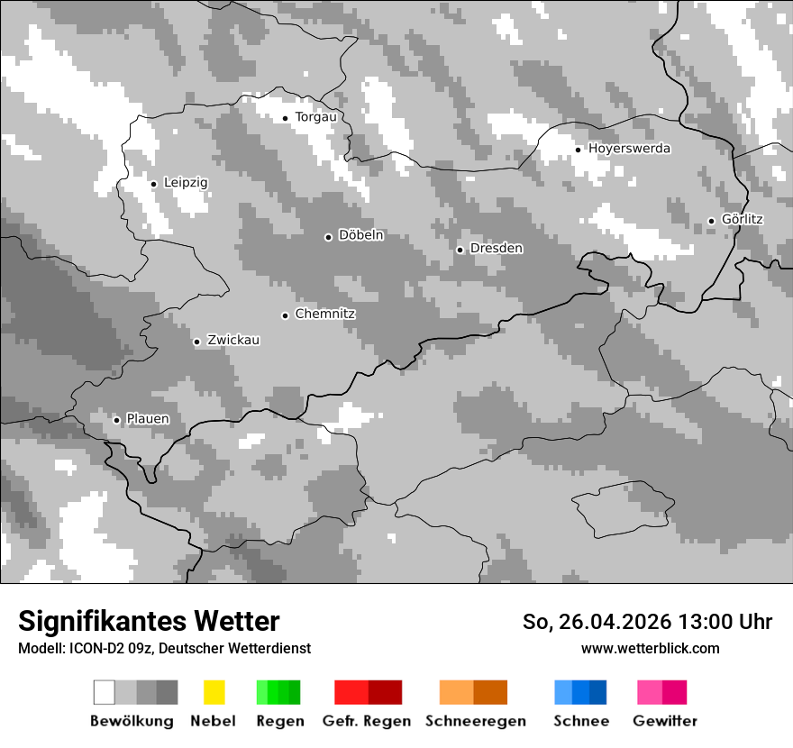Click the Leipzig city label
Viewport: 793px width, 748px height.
pos(186,183)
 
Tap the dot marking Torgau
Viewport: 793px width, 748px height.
pos(286,118)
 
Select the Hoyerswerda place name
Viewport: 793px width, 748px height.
pos(629,149)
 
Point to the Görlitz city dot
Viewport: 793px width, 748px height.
pos(711,221)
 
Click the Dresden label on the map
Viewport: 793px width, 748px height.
pos(496,249)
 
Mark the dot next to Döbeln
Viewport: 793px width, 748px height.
pos(328,237)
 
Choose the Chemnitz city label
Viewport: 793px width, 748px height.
pos(324,315)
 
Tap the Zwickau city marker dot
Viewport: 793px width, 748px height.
pos(196,342)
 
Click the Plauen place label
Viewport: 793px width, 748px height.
pos(148,419)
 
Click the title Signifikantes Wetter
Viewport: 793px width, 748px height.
pos(149,622)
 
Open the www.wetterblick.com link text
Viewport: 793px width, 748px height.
pos(650,648)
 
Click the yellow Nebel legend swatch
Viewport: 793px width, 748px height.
pos(214,692)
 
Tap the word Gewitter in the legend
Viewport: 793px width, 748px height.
pos(664,721)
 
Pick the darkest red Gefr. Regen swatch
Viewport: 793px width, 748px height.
pos(385,692)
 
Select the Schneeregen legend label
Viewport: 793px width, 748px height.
pos(476,721)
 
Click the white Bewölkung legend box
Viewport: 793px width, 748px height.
pos(105,692)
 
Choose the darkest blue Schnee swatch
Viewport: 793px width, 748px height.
pos(598,692)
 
